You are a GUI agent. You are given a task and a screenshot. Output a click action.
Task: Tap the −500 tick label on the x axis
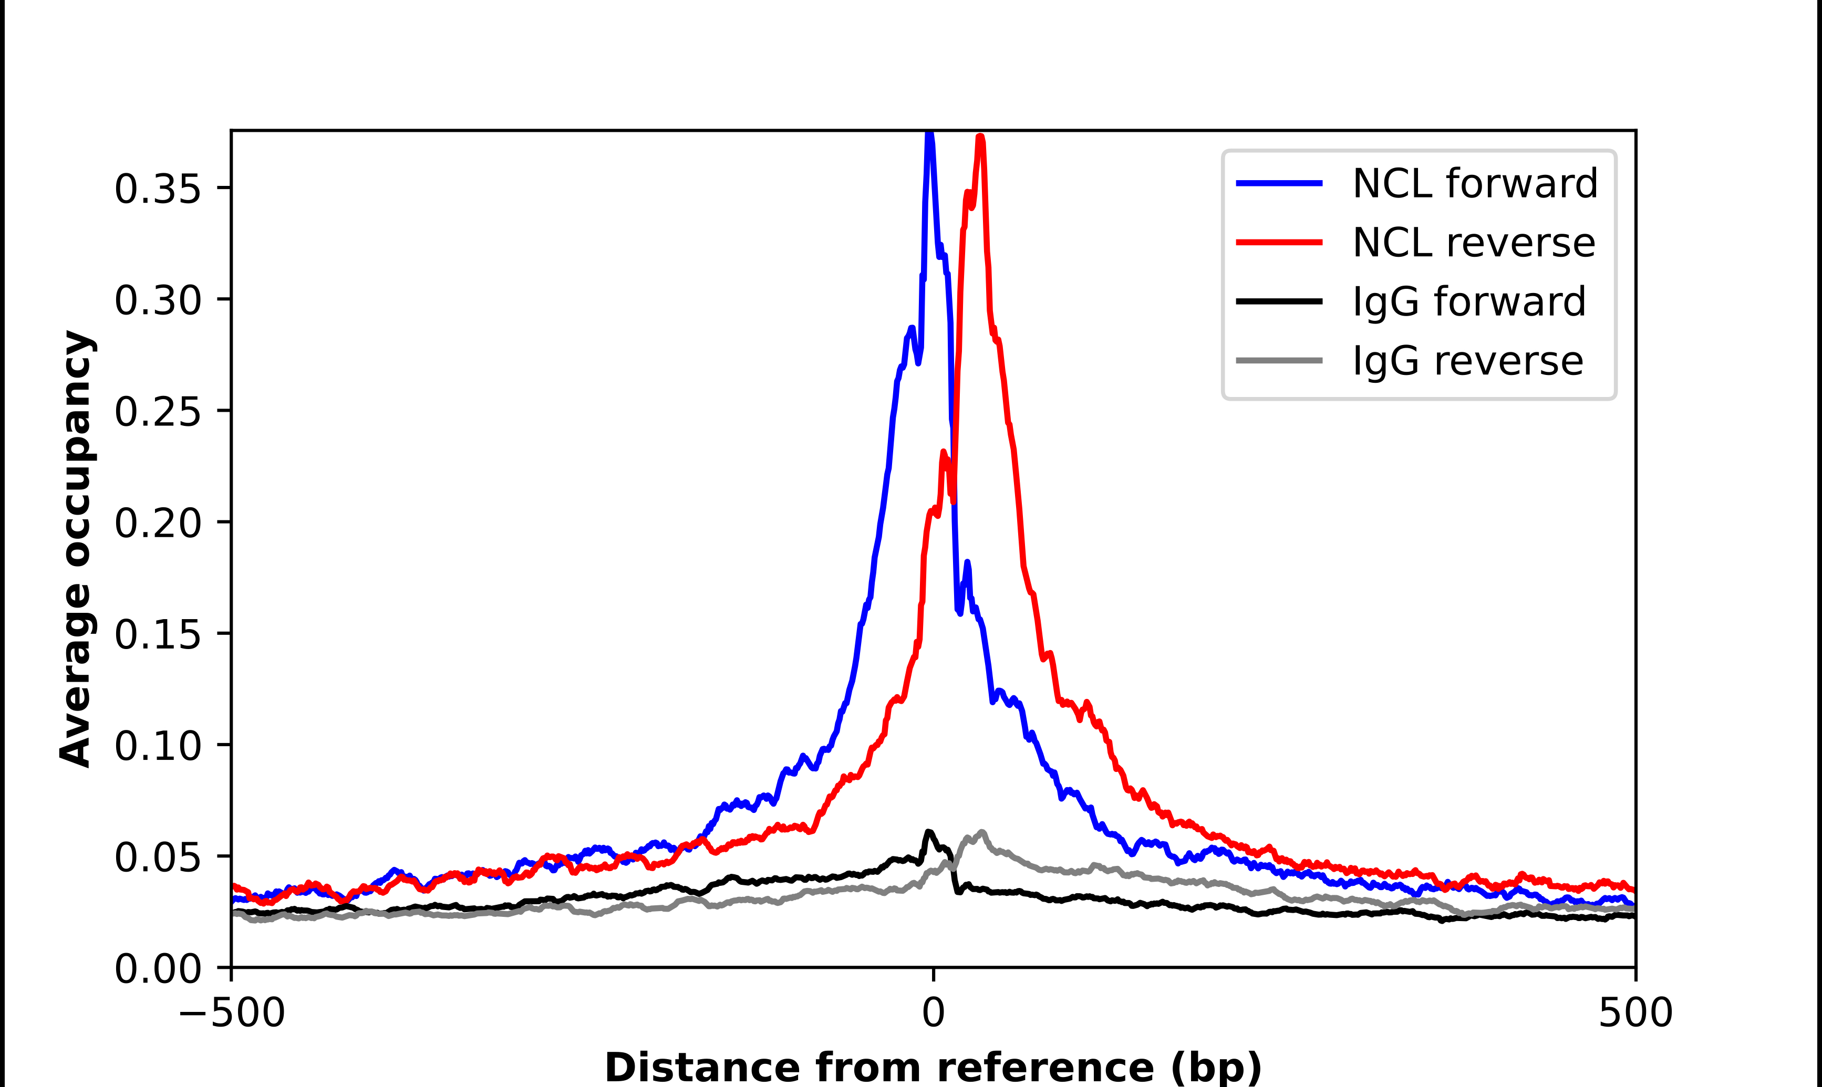tap(232, 1013)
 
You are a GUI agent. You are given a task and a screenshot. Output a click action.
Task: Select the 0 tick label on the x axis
tap(933, 1013)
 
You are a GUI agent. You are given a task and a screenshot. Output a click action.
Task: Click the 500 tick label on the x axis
tap(1635, 1013)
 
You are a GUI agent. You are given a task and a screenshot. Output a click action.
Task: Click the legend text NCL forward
tap(1475, 183)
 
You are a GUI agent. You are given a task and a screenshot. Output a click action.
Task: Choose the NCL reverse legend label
tap(1473, 243)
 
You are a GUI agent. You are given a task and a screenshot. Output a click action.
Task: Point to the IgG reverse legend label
tap(1467, 361)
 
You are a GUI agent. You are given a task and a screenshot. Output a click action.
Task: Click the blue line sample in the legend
tap(1279, 183)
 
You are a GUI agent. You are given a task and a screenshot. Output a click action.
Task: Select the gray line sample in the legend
tap(1279, 360)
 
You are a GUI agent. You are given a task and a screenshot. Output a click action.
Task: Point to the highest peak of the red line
tap(980, 138)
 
